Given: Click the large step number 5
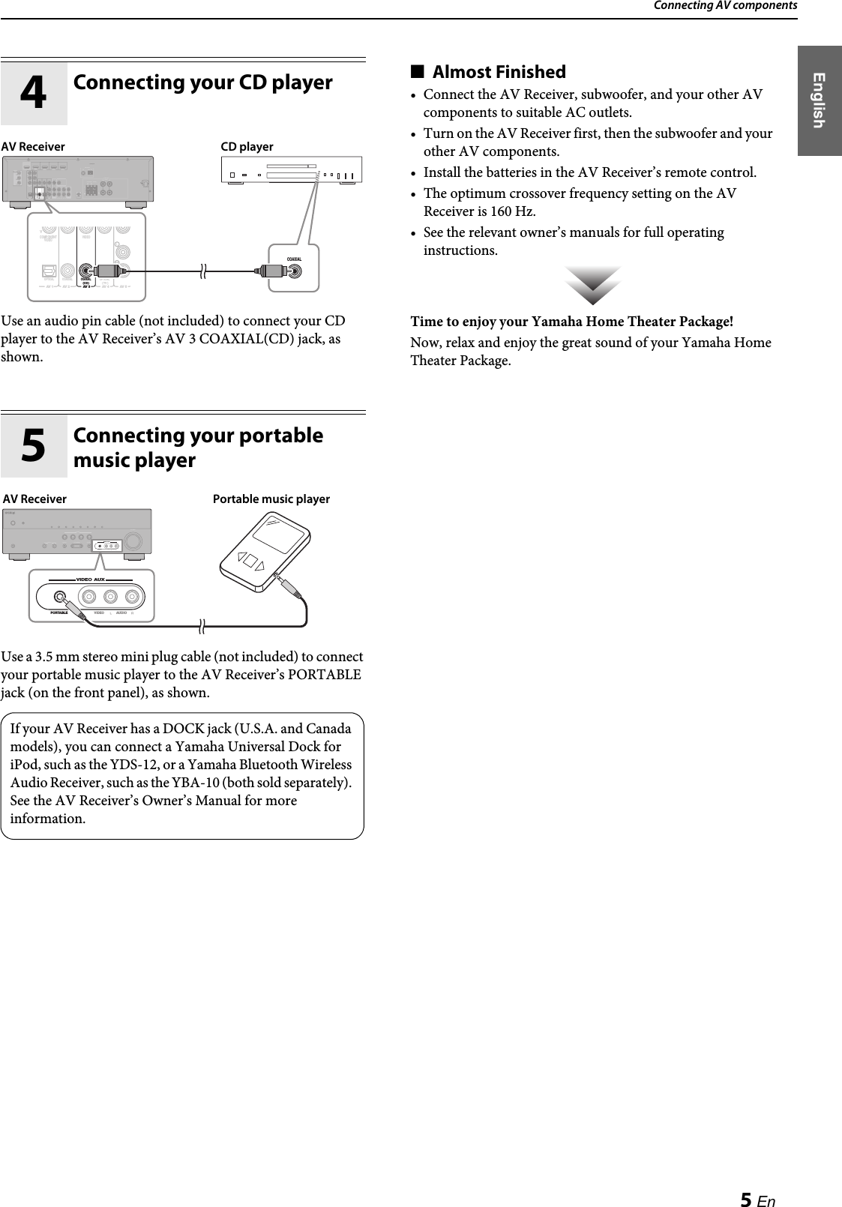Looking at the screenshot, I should tap(33, 445).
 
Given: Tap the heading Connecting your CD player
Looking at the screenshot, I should tap(202, 82).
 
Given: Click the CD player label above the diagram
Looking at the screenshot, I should tap(247, 147).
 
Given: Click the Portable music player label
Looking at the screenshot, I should tap(271, 499).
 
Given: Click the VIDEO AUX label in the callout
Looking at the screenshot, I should tap(94, 580).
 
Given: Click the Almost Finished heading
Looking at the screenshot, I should tap(499, 72).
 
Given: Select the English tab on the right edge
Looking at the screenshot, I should tap(819, 100).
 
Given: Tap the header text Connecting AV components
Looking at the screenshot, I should tap(724, 6).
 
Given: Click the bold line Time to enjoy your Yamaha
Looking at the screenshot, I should tap(571, 322).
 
